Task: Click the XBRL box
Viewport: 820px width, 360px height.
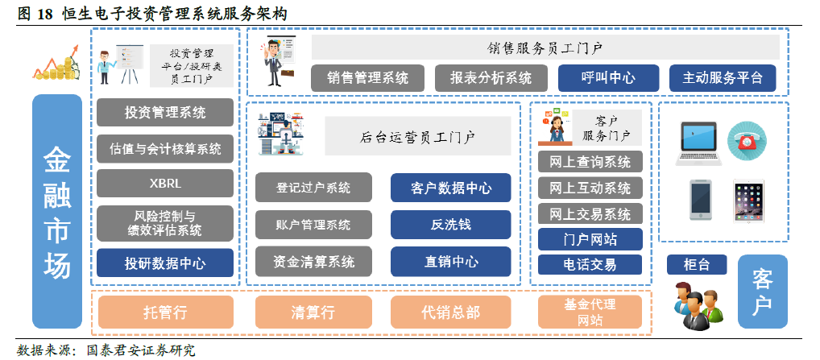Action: point(165,183)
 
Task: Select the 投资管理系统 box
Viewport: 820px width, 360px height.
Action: point(165,112)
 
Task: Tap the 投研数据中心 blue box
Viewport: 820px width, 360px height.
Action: point(165,263)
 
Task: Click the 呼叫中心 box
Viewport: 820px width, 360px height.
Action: point(608,78)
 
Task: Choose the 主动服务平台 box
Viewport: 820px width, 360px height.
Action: point(723,78)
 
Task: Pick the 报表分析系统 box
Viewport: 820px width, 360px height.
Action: point(491,78)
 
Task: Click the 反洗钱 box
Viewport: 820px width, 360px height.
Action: point(450,225)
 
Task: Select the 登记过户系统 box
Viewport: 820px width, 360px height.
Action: point(313,188)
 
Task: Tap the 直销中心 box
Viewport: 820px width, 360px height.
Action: point(450,262)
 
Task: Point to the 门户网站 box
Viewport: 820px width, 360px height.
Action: point(590,239)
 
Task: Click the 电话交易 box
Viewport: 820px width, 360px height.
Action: point(590,265)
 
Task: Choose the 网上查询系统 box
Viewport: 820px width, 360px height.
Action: point(590,162)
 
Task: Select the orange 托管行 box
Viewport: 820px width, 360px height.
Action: point(165,312)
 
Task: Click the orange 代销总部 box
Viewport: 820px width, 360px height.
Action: point(450,312)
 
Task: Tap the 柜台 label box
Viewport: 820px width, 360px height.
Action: point(697,264)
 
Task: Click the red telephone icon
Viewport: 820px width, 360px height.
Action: point(747,141)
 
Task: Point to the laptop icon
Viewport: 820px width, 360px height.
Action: point(698,143)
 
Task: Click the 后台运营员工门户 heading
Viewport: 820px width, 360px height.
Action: point(417,136)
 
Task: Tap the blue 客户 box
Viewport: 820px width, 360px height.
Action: point(763,292)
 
